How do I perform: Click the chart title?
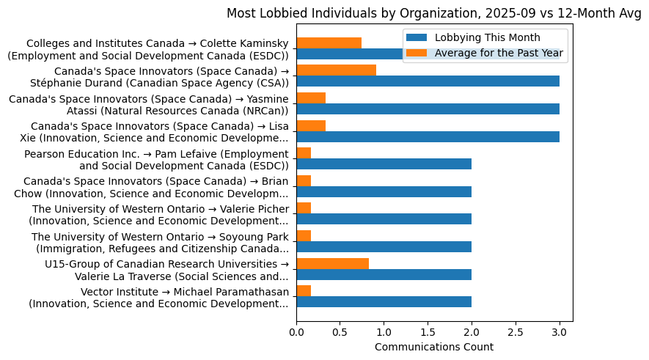[x=433, y=13]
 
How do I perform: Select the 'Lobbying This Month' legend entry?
[x=487, y=37]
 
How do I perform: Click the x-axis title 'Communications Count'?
[x=433, y=347]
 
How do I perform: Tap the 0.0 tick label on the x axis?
[x=296, y=332]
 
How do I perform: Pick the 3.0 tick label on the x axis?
[x=560, y=332]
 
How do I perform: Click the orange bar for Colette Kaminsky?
[x=329, y=43]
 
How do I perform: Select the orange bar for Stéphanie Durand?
[x=336, y=70]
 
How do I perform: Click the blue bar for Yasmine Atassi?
[x=428, y=109]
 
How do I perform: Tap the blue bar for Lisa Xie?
[x=428, y=136]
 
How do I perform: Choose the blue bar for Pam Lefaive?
[x=384, y=164]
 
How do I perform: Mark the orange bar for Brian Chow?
[x=304, y=180]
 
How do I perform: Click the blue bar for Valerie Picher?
[x=384, y=219]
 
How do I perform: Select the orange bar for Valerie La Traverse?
[x=332, y=263]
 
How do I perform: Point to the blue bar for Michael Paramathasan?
[x=384, y=302]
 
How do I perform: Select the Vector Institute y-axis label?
[x=158, y=298]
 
